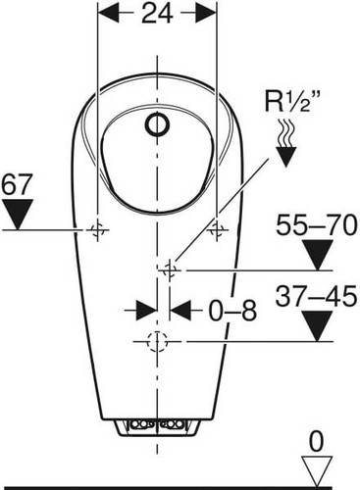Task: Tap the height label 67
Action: (x=18, y=184)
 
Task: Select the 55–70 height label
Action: (x=316, y=224)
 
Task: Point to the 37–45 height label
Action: (x=316, y=296)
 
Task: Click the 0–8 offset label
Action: (x=232, y=311)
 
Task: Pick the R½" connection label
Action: (x=292, y=102)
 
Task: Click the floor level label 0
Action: (x=316, y=441)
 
